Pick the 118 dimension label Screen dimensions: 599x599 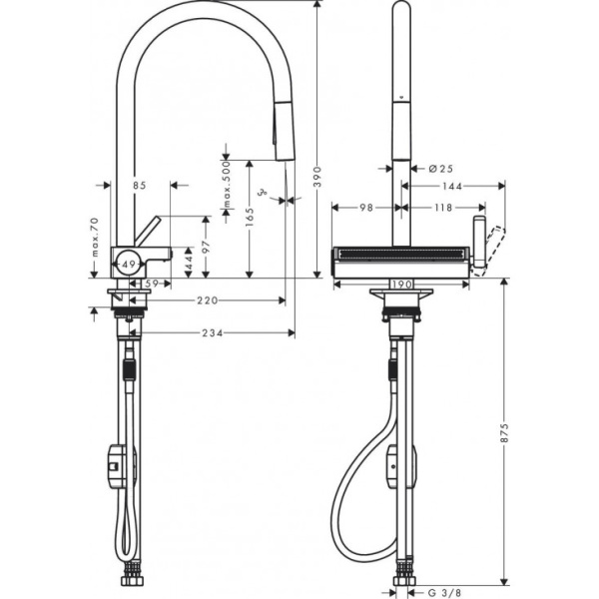(x=442, y=208)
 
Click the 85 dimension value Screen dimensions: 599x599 (x=139, y=185)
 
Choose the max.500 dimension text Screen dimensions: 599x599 (x=227, y=187)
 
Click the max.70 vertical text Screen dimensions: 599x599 (x=95, y=238)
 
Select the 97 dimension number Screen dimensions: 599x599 (x=206, y=246)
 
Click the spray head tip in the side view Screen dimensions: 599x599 (x=284, y=150)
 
